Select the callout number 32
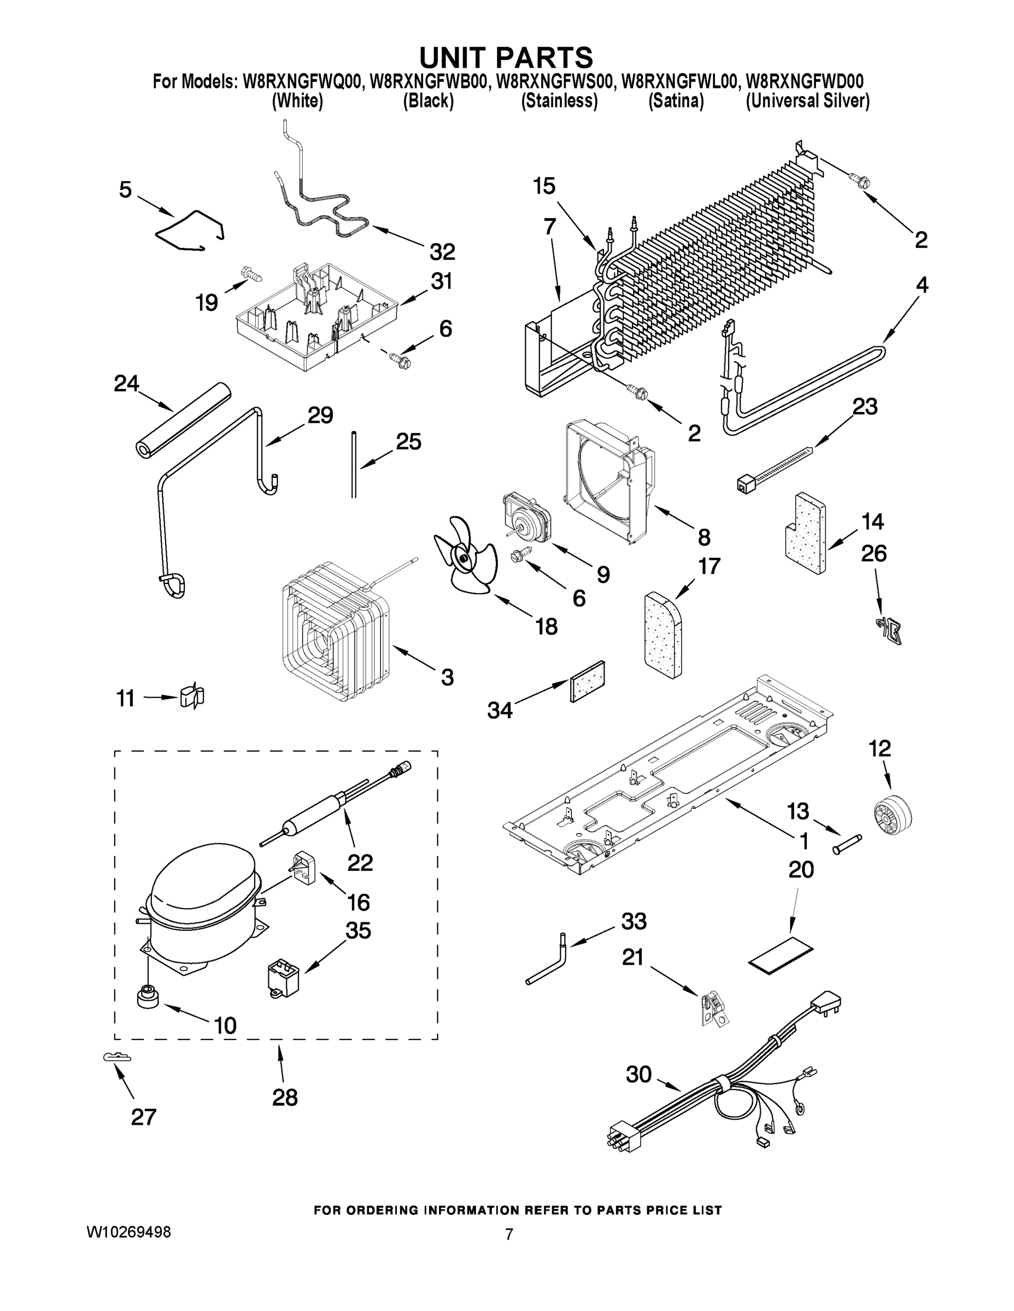tap(442, 252)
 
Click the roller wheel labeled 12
tap(891, 814)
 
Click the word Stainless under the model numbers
tap(559, 101)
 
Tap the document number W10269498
tap(128, 1232)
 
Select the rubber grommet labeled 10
tap(148, 997)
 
